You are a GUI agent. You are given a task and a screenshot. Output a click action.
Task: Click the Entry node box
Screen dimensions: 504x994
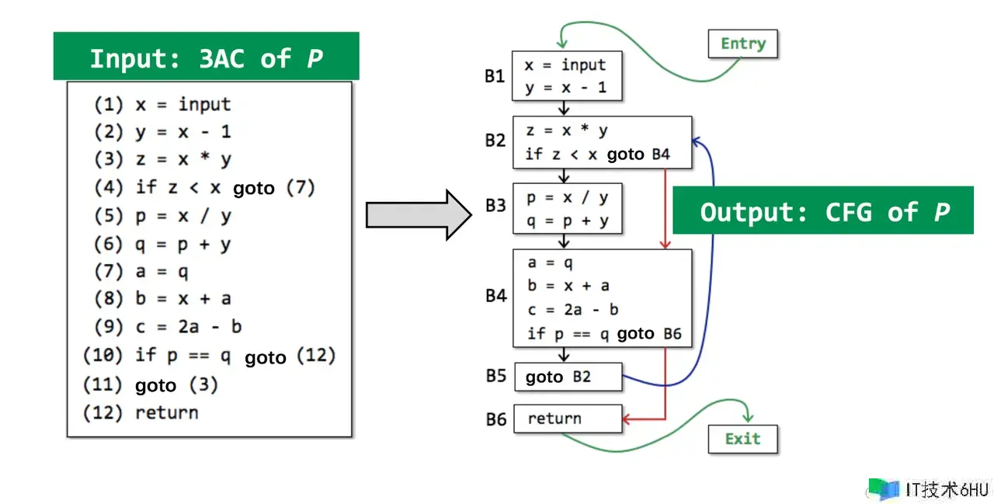[742, 43]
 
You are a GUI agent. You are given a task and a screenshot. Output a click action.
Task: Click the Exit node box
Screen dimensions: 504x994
[742, 439]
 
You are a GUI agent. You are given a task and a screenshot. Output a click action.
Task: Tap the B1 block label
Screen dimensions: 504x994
[495, 76]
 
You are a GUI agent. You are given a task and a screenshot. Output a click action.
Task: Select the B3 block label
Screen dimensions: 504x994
[495, 206]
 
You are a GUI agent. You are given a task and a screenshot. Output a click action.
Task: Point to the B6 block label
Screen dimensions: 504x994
[496, 419]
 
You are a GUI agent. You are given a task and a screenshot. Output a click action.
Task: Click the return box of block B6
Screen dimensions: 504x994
[568, 419]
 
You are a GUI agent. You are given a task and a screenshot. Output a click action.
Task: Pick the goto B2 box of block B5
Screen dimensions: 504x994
[568, 377]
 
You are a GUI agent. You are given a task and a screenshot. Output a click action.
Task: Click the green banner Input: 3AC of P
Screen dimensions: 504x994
[206, 57]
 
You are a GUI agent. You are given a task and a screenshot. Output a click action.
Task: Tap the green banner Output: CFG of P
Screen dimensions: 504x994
[822, 211]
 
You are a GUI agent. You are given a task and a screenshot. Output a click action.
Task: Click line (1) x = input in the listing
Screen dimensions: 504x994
[162, 104]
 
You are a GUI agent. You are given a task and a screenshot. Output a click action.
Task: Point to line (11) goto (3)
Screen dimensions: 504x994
[151, 384]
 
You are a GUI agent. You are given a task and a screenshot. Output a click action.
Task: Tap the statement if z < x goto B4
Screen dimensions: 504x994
[597, 154]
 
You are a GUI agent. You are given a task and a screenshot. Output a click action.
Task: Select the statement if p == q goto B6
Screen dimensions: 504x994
[604, 334]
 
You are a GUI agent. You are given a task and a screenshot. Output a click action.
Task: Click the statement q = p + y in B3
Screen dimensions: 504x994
[567, 221]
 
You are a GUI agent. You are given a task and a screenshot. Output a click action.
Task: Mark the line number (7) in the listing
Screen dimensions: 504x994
[108, 271]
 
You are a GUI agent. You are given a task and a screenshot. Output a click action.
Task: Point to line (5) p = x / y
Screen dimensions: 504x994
[162, 216]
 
